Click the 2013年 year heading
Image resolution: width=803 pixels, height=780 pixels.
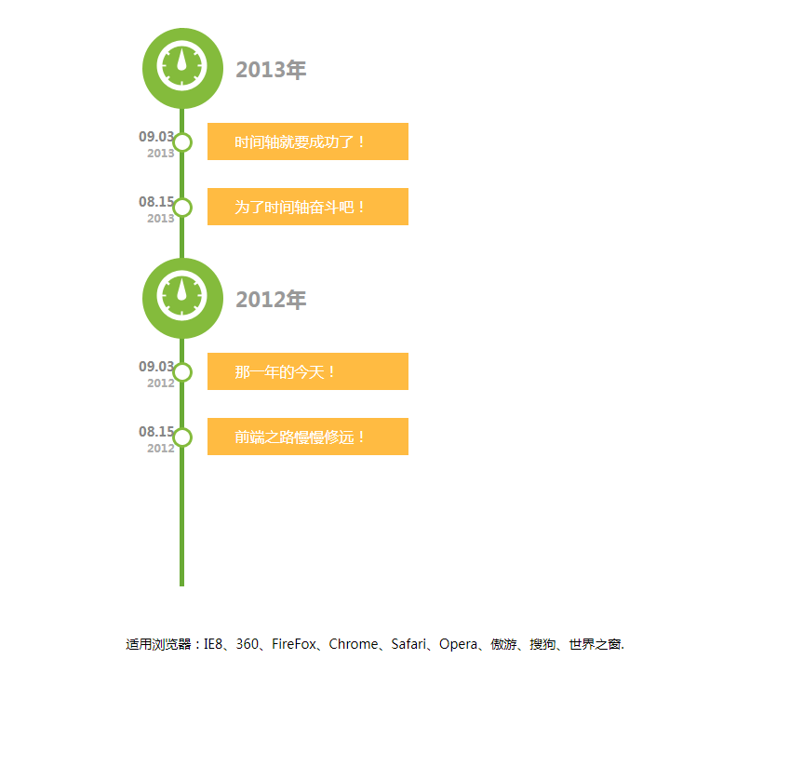click(271, 70)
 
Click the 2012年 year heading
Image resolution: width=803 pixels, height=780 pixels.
click(271, 300)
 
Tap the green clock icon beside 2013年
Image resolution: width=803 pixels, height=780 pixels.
click(182, 68)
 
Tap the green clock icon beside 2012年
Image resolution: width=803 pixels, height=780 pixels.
click(182, 298)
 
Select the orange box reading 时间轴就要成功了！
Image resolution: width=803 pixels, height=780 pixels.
click(307, 141)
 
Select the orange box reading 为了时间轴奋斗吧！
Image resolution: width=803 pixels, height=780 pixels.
click(307, 207)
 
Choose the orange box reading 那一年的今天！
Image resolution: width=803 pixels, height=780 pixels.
click(307, 371)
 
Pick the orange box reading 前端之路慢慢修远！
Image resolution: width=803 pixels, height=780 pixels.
click(307, 437)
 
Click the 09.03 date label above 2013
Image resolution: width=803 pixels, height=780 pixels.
click(155, 137)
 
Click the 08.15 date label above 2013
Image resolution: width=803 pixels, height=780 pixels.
click(155, 202)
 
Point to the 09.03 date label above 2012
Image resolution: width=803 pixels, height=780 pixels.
click(155, 367)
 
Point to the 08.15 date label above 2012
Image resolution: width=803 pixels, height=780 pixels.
click(155, 432)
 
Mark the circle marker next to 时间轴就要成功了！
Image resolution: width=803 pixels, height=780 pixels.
click(182, 142)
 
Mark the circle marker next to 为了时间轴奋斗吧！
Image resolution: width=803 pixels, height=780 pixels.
click(182, 208)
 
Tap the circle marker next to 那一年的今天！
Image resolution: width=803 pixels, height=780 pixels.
click(182, 372)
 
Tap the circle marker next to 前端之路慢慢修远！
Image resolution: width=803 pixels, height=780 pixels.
click(182, 437)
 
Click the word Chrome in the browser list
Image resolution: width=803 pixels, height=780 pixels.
click(354, 644)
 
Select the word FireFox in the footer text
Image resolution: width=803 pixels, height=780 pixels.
click(294, 644)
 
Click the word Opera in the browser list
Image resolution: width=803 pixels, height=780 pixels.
click(458, 644)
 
